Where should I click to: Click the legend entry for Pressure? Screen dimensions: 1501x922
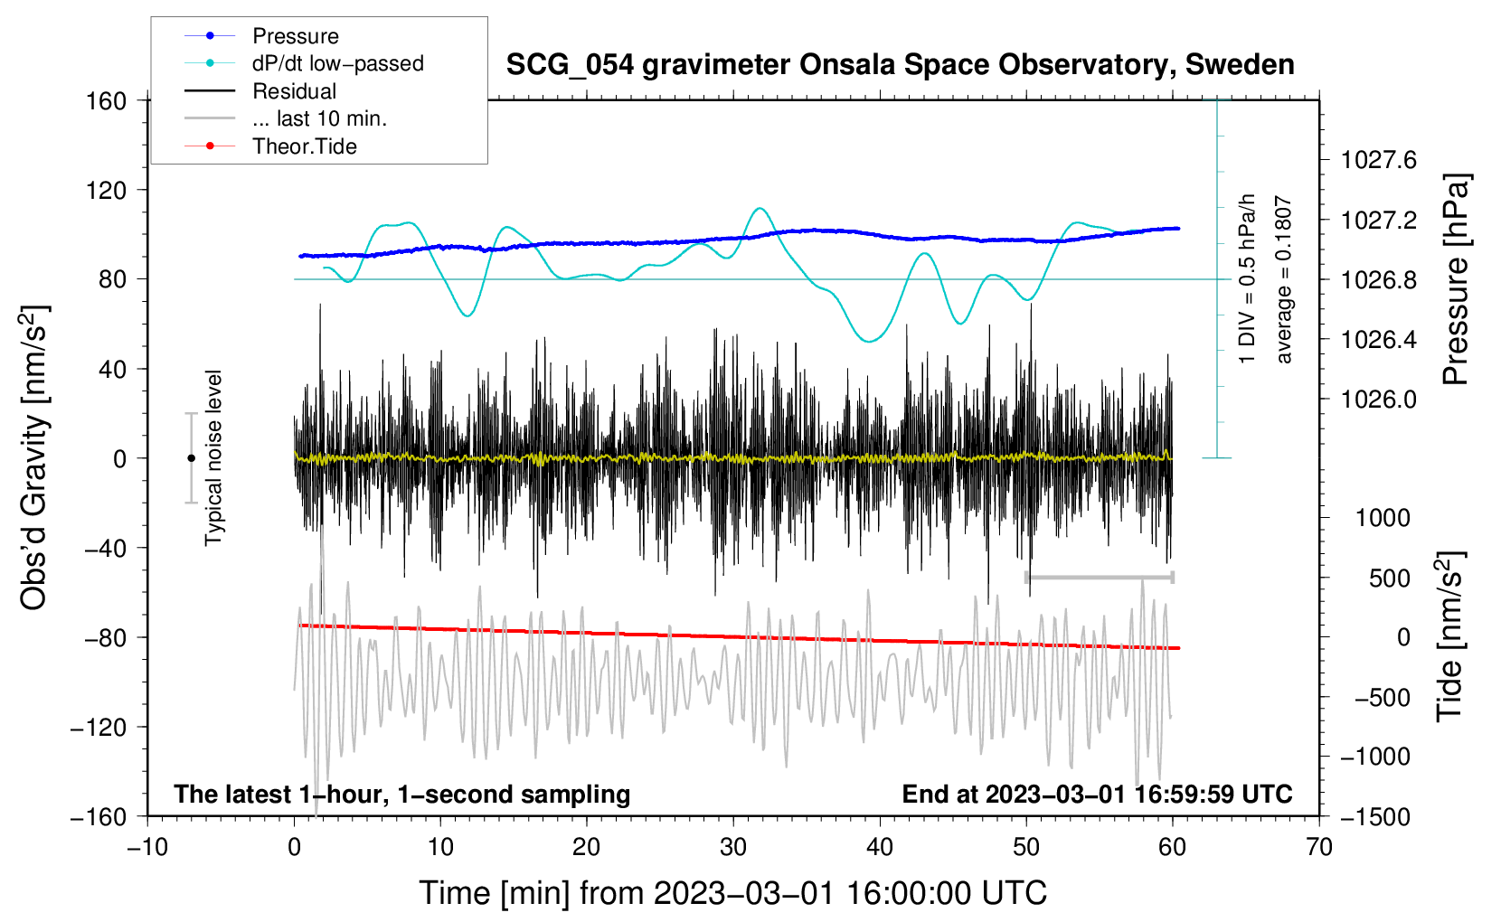pyautogui.click(x=262, y=35)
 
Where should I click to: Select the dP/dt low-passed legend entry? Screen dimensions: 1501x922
pyautogui.click(x=304, y=63)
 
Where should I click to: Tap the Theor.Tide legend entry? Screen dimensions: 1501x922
pyautogui.click(x=270, y=146)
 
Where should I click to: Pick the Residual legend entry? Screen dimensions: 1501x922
pyautogui.click(x=260, y=91)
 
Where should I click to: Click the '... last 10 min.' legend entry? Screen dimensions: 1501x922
pyautogui.click(x=286, y=118)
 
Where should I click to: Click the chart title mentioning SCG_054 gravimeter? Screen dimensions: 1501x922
pyautogui.click(x=900, y=65)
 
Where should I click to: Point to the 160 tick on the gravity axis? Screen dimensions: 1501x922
pyautogui.click(x=107, y=101)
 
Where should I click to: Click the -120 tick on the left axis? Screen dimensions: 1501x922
pyautogui.click(x=99, y=727)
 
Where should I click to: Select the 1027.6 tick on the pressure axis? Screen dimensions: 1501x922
pyautogui.click(x=1378, y=160)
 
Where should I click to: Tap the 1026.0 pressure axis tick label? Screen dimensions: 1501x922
pyautogui.click(x=1378, y=400)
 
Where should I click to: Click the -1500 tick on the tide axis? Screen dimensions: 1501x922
pyautogui.click(x=1375, y=817)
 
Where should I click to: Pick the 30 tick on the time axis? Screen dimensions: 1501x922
pyautogui.click(x=733, y=848)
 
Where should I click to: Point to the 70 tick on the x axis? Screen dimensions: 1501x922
pyautogui.click(x=1318, y=848)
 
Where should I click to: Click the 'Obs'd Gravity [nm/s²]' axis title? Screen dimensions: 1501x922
pyautogui.click(x=33, y=457)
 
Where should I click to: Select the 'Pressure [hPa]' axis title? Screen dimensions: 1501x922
pyautogui.click(x=1456, y=279)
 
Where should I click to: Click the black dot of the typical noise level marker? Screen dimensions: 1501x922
pyautogui.click(x=191, y=458)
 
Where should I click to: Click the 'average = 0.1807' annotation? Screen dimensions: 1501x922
pyautogui.click(x=1282, y=279)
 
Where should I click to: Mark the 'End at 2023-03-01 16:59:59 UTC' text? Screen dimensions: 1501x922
pyautogui.click(x=1097, y=794)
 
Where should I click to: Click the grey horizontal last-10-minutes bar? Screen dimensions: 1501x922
pyautogui.click(x=1099, y=577)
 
